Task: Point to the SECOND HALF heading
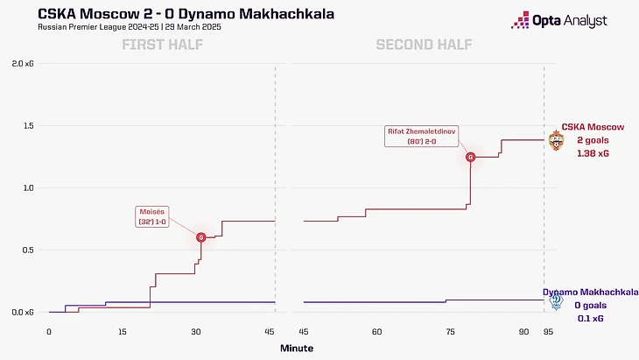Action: [423, 46]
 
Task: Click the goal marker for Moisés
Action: [201, 237]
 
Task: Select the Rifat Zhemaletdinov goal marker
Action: [471, 158]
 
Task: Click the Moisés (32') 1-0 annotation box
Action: [154, 216]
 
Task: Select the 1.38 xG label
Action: [593, 153]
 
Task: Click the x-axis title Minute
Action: [297, 348]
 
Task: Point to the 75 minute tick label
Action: [450, 332]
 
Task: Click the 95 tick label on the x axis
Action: [545, 332]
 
